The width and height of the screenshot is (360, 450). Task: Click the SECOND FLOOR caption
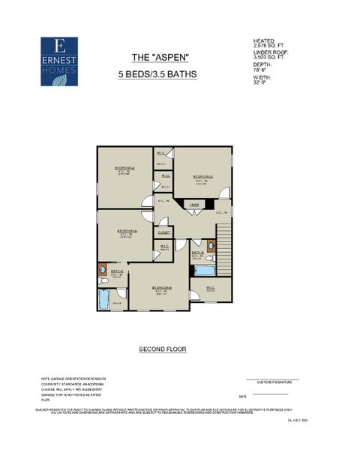pos(162,349)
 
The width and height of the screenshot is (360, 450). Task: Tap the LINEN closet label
pos(193,204)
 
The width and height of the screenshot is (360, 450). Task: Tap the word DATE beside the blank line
pos(242,396)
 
